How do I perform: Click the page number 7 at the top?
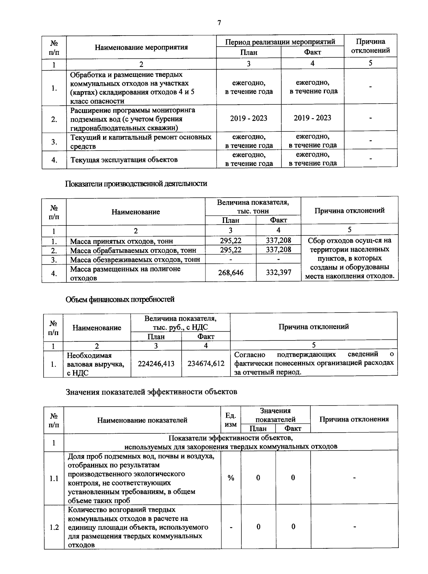(x=219, y=23)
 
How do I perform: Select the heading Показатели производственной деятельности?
(x=136, y=184)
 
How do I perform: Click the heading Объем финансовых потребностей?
(x=120, y=299)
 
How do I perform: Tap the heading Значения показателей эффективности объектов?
(x=152, y=392)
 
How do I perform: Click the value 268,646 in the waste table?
(x=230, y=273)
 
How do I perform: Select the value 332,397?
(x=279, y=273)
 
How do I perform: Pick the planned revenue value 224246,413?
(x=156, y=364)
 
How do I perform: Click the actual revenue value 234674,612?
(x=206, y=364)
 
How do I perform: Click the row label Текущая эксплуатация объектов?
(x=124, y=160)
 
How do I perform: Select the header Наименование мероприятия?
(x=141, y=47)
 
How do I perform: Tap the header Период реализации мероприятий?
(x=280, y=42)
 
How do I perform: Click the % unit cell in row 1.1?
(x=231, y=478)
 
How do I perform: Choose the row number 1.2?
(x=54, y=527)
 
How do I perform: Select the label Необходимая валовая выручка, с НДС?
(x=96, y=364)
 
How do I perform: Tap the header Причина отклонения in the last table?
(x=354, y=419)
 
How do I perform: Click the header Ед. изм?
(x=231, y=420)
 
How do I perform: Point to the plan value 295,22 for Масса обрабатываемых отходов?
(x=230, y=250)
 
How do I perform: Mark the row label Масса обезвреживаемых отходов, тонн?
(x=135, y=260)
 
